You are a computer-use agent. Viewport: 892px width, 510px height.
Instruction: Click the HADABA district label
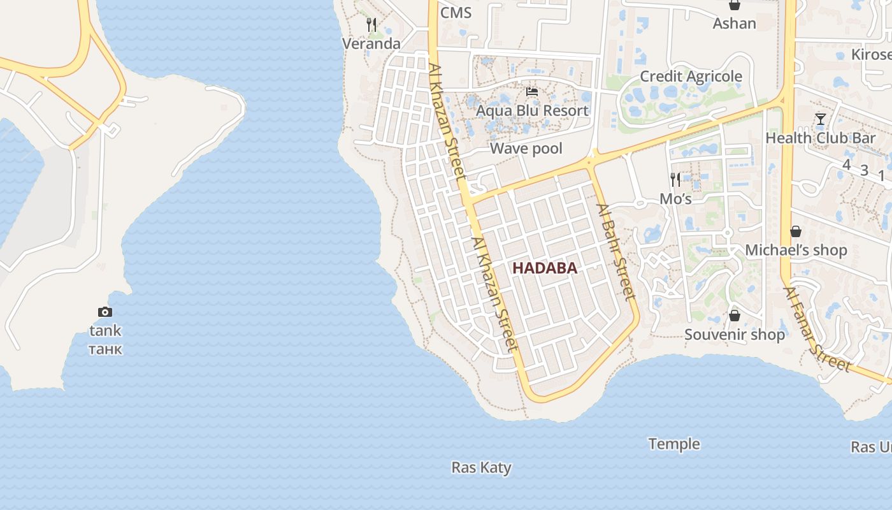[x=545, y=268]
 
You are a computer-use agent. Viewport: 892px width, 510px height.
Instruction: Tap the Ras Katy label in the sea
[x=481, y=467]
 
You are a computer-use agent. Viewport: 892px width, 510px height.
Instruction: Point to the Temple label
[x=673, y=444]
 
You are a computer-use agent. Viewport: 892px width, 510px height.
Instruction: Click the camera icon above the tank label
[x=105, y=312]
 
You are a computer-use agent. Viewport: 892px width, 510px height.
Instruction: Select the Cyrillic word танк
[x=105, y=349]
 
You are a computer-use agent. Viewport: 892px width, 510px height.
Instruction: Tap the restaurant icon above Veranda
[x=371, y=25]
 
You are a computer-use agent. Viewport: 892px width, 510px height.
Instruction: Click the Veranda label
[x=371, y=43]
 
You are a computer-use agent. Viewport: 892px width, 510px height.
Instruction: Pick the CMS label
[x=456, y=13]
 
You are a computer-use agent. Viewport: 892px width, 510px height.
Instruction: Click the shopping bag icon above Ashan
[x=735, y=5]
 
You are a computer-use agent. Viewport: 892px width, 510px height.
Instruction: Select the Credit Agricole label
[x=691, y=76]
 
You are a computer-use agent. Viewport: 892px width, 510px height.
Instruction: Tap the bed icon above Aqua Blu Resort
[x=532, y=92]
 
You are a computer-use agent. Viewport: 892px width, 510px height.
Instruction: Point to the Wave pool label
[x=526, y=149]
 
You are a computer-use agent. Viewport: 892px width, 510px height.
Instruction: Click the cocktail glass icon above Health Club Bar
[x=821, y=119]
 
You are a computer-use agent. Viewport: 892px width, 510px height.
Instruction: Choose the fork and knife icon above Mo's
[x=675, y=180]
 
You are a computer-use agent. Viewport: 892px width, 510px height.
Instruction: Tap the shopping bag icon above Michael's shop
[x=796, y=231]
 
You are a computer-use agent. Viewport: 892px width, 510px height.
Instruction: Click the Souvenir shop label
[x=735, y=335]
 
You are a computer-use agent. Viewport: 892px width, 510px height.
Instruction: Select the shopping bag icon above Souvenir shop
[x=735, y=316]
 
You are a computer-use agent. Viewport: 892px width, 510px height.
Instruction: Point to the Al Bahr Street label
[x=616, y=251]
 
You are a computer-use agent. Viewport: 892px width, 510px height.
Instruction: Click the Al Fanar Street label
[x=817, y=329]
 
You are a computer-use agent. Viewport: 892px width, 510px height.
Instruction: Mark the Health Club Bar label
[x=820, y=138]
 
